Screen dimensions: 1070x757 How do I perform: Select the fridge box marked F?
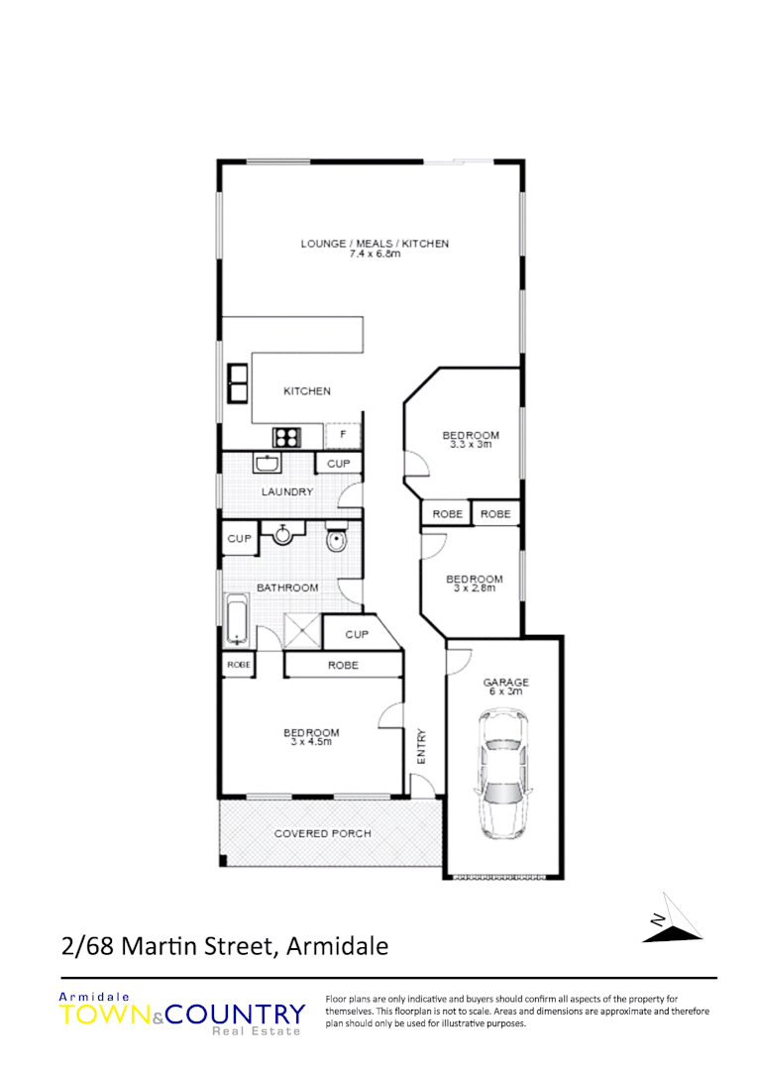[343, 435]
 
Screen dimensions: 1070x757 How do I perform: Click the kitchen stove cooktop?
[287, 436]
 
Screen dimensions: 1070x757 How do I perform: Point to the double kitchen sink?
[238, 383]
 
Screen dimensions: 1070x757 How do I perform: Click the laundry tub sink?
[267, 463]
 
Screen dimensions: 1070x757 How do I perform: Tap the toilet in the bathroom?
[336, 541]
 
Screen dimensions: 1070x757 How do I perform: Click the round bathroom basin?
[283, 535]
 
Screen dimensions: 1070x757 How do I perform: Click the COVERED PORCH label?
[323, 833]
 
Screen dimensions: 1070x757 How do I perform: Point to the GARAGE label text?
[505, 682]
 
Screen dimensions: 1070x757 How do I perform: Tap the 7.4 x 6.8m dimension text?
[375, 254]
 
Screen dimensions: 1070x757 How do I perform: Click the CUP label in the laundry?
[338, 463]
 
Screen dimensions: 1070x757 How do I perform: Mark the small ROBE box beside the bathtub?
[239, 665]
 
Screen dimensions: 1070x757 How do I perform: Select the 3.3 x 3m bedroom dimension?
[471, 445]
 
